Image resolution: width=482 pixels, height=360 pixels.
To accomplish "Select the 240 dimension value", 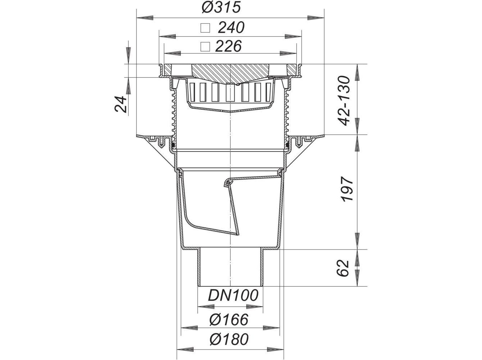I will point(231,28).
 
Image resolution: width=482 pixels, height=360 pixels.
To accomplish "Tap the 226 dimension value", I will point(228,46).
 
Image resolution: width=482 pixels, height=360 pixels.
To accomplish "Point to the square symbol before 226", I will point(205,46).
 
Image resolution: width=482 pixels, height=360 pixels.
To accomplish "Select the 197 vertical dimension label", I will point(345,189).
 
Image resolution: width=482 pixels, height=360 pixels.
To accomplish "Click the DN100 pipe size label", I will point(233,296).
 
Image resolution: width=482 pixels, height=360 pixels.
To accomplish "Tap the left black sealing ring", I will point(173,145).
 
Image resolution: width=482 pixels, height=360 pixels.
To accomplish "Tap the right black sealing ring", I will point(287,145).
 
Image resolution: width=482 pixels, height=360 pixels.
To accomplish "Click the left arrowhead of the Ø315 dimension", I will point(144,17).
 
